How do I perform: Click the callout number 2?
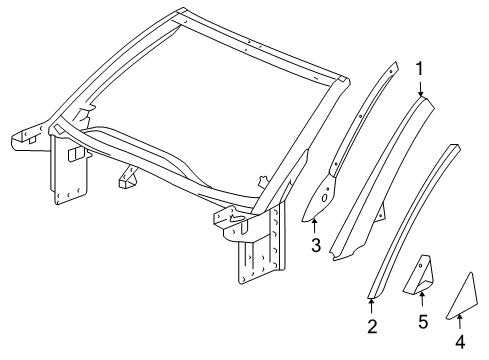tap(371, 326)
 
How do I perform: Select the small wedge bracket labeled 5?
tap(419, 275)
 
